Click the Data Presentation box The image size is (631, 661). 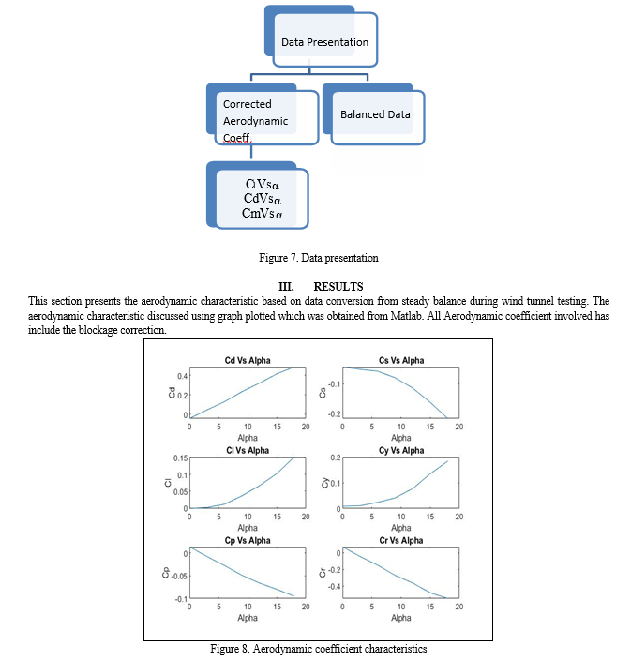coord(324,42)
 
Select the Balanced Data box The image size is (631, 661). coord(375,114)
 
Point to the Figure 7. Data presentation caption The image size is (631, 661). coord(317,257)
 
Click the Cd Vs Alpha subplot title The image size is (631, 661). coord(248,361)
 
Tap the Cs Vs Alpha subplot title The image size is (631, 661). coord(400,361)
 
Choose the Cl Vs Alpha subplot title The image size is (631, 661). coord(248,451)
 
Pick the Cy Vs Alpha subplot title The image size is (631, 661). coord(400,451)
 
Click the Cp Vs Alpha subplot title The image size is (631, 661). coord(248,541)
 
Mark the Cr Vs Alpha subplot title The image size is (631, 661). coord(400,541)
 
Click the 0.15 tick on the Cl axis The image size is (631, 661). coord(178,458)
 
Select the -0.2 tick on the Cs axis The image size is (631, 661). coord(332,413)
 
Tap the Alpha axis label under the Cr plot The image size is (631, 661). coord(400,618)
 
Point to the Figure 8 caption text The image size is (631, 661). coord(319,649)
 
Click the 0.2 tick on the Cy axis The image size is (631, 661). coord(335,458)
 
